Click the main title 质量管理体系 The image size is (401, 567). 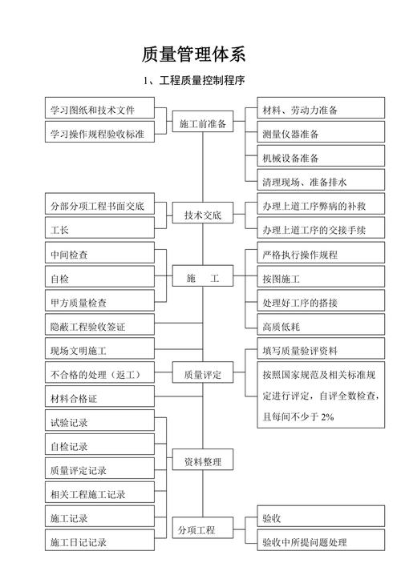(193, 54)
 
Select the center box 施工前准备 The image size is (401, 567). (202, 124)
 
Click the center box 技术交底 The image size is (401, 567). (202, 215)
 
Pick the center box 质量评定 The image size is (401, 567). (202, 374)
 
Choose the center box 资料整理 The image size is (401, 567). (202, 462)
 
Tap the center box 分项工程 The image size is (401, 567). (202, 529)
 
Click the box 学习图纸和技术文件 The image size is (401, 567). (98, 109)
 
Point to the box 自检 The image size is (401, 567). (98, 279)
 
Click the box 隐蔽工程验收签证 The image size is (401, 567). (98, 327)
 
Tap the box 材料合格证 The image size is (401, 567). (98, 398)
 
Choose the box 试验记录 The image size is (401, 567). (98, 422)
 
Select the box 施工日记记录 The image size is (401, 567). (98, 542)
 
